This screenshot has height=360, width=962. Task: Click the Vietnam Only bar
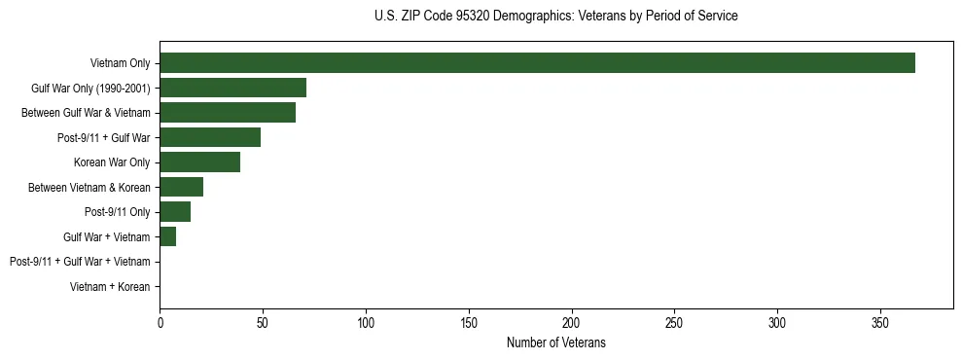click(x=537, y=62)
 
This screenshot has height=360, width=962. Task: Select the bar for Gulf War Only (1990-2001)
click(x=232, y=88)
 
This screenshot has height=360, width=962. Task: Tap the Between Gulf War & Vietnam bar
click(x=228, y=112)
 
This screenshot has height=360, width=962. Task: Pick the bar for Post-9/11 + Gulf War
click(x=210, y=137)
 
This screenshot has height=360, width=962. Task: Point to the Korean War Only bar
click(x=199, y=162)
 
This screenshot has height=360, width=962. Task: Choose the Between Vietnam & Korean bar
click(x=181, y=187)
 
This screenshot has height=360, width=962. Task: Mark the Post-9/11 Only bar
click(x=175, y=212)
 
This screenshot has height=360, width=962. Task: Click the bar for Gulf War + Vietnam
click(x=167, y=236)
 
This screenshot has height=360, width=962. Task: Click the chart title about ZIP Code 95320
click(x=555, y=17)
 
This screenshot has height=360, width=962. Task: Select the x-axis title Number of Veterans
click(x=555, y=342)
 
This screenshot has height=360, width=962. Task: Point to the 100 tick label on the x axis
click(x=366, y=322)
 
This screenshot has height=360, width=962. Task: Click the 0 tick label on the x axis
click(x=160, y=322)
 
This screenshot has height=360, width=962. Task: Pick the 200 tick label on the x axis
click(x=572, y=322)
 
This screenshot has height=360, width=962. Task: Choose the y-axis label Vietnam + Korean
click(x=110, y=287)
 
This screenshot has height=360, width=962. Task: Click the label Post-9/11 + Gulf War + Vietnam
click(x=80, y=262)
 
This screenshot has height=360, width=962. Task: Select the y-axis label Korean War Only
click(x=112, y=162)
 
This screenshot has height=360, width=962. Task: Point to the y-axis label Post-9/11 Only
click(x=118, y=212)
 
